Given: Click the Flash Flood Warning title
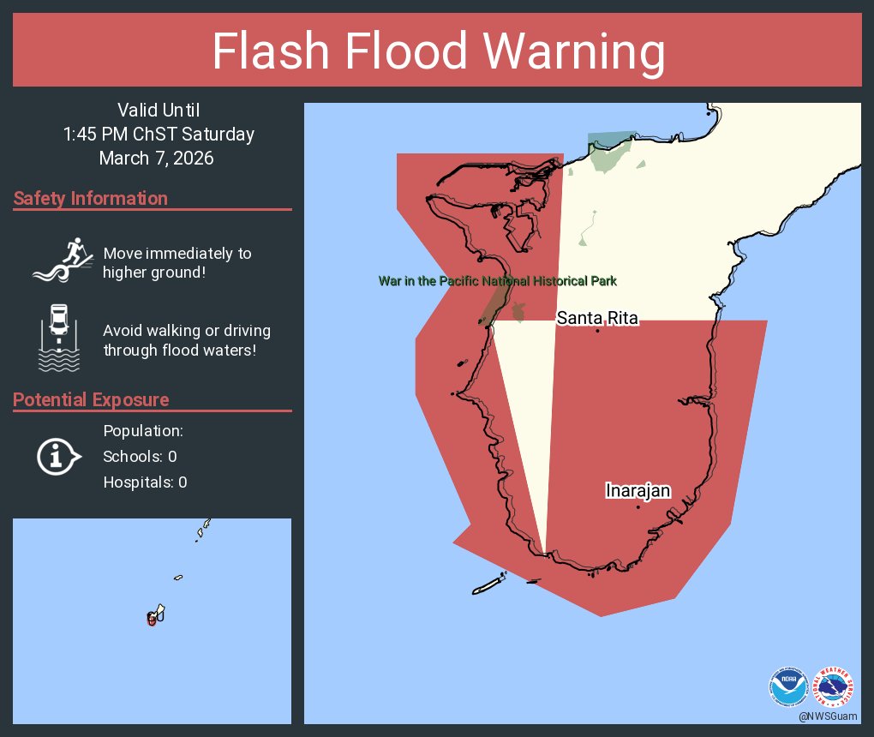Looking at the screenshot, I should click(x=438, y=51).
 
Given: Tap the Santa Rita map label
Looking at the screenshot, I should click(x=597, y=318).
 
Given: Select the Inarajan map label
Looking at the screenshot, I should click(x=638, y=491).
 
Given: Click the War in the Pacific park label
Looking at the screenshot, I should click(x=498, y=281).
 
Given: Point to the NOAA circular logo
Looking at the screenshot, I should click(x=788, y=686).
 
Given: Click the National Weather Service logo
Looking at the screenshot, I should click(x=835, y=686).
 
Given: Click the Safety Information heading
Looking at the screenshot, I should click(x=91, y=199).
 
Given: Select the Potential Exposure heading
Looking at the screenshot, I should click(x=91, y=400).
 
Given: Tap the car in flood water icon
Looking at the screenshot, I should click(x=58, y=338).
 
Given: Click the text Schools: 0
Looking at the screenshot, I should click(x=140, y=457).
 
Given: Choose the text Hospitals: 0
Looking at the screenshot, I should click(x=145, y=482).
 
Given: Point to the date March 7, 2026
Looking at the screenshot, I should click(x=156, y=159).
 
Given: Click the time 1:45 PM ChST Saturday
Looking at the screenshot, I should click(x=159, y=135).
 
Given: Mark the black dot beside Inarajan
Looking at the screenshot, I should click(x=638, y=507).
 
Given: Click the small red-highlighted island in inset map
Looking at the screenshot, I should click(x=153, y=619).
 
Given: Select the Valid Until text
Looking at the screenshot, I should click(x=158, y=110).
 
